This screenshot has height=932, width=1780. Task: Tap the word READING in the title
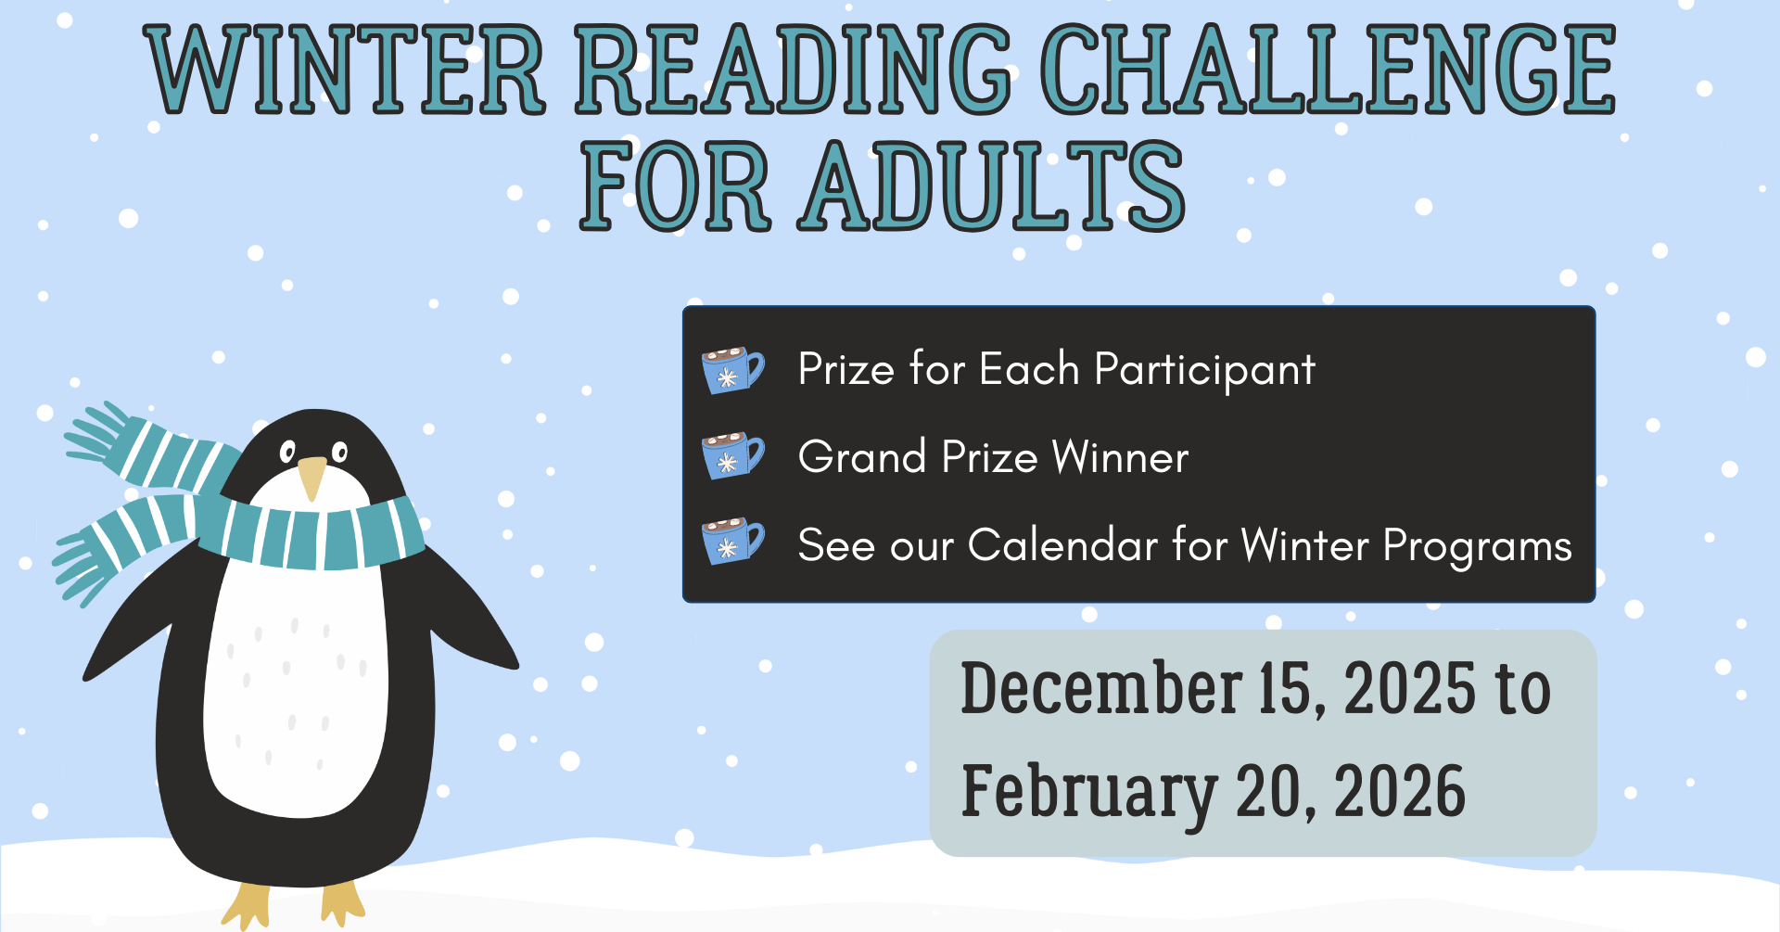point(794,70)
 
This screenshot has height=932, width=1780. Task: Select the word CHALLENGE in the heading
point(1329,70)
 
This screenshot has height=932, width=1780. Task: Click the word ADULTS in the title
point(991,185)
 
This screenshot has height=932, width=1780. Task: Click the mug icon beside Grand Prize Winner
point(732,455)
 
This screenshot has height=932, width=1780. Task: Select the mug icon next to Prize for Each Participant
point(732,370)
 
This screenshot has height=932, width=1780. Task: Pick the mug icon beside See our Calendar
point(732,542)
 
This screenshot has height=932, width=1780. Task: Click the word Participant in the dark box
point(1204,370)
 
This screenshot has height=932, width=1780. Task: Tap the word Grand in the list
point(862,456)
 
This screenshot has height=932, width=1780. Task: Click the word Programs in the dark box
point(1478,546)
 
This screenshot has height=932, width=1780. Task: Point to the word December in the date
point(1101,688)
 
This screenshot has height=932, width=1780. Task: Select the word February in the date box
point(1089,794)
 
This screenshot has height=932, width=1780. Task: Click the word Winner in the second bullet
point(1120,456)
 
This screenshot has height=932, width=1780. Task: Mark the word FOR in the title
point(675,185)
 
